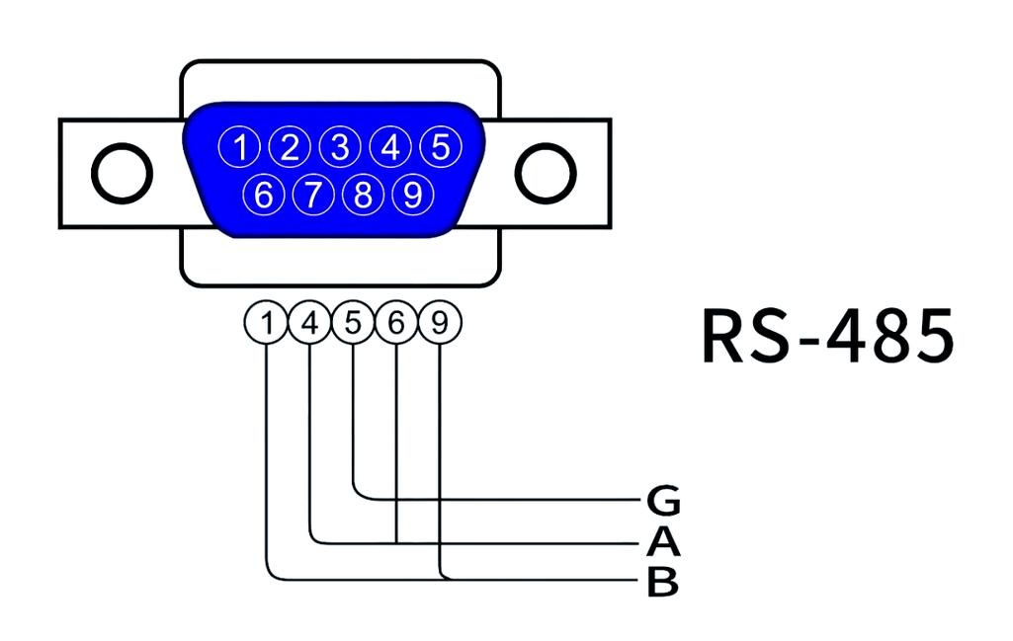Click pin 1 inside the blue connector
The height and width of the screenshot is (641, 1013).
239,148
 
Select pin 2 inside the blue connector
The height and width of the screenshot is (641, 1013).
290,148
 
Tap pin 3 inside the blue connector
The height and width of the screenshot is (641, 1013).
340,148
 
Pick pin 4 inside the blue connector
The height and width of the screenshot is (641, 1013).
390,148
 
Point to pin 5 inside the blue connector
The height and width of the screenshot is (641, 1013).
441,147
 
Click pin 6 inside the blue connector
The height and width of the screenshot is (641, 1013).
263,195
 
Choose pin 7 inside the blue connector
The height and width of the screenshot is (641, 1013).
313,195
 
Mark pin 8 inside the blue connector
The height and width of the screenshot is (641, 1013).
363,195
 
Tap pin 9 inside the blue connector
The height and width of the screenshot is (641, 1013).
413,195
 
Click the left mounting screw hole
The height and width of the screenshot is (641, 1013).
122,173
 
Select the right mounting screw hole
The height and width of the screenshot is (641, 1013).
546,173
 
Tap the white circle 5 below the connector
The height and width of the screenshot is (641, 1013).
353,323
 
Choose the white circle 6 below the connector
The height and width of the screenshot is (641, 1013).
396,323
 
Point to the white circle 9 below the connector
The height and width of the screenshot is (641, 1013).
440,323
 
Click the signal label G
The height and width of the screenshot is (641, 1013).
663,502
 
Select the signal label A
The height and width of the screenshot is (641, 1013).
663,542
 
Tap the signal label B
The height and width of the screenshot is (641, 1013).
663,583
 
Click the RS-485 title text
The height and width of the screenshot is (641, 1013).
828,336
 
